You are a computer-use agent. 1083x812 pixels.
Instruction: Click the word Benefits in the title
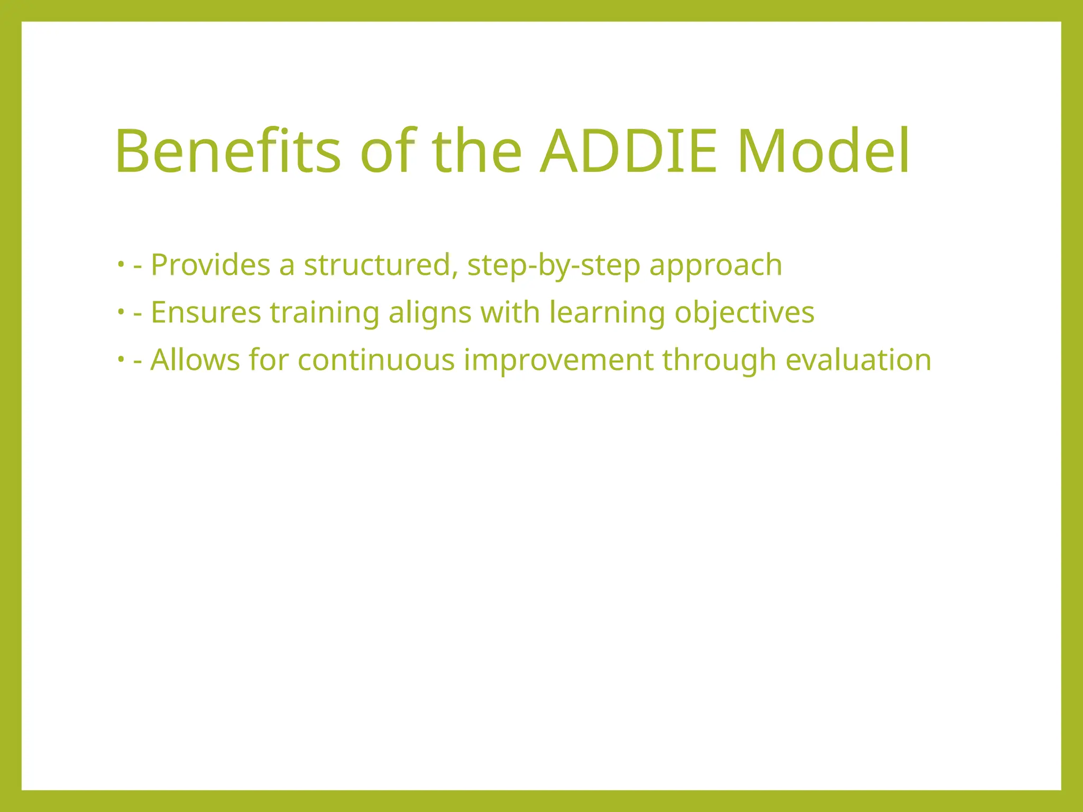click(227, 152)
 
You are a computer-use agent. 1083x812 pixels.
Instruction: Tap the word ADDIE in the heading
click(629, 152)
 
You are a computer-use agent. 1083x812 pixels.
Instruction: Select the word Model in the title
click(823, 152)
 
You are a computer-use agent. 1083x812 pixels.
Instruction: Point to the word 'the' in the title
click(477, 152)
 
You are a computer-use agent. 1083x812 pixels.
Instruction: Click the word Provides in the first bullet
click(210, 265)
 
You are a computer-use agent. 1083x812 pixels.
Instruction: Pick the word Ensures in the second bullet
click(206, 312)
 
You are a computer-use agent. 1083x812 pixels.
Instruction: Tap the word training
click(325, 313)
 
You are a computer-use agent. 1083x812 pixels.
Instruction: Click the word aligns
click(430, 313)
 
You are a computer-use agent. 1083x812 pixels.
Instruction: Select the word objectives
click(744, 313)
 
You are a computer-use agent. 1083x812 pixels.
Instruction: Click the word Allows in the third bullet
click(195, 360)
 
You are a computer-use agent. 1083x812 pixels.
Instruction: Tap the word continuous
click(376, 360)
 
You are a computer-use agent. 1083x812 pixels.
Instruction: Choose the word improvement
click(558, 361)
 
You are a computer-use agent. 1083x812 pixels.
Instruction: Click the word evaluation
click(858, 360)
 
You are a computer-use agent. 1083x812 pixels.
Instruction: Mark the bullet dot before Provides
click(121, 263)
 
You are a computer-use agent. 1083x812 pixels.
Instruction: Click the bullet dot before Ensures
click(121, 311)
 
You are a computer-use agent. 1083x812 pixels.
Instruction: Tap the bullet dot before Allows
click(121, 359)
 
